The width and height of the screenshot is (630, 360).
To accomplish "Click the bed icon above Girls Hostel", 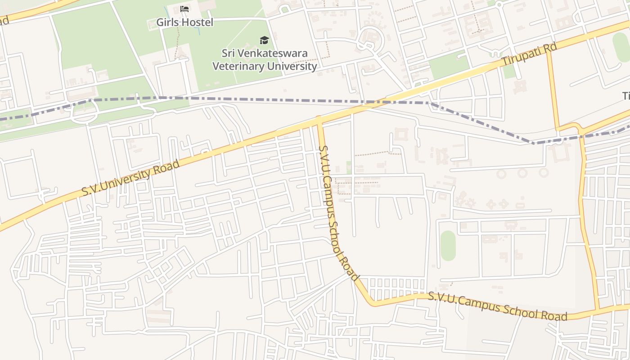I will (x=184, y=9).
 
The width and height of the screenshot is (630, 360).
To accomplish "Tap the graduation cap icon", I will (x=264, y=40).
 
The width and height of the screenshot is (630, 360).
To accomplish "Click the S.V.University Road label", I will (x=130, y=177).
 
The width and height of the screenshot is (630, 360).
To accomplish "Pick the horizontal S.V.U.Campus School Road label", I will (x=497, y=306).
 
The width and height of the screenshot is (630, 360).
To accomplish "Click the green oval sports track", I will (x=448, y=246).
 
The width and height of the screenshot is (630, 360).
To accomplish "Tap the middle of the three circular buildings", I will (x=522, y=173).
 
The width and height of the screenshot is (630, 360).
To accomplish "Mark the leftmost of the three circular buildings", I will (x=500, y=173).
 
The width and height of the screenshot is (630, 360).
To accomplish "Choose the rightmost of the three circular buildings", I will (x=544, y=172).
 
